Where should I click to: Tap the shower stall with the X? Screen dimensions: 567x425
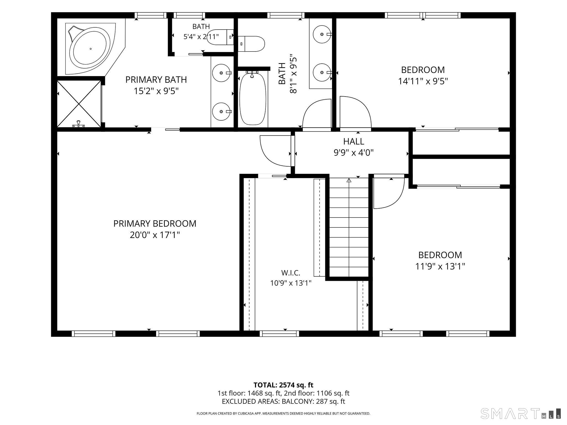(79, 104)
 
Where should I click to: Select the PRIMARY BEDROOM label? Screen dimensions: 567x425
(155, 224)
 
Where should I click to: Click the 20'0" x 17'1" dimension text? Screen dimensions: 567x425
(155, 235)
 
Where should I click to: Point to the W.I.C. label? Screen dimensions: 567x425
(291, 273)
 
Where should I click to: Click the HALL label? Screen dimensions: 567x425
(354, 141)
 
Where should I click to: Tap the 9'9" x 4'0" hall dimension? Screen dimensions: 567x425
(354, 152)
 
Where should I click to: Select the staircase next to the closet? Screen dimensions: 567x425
(349, 227)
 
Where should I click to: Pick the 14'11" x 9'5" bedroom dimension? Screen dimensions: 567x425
(423, 81)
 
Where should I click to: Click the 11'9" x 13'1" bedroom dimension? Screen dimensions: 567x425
(440, 266)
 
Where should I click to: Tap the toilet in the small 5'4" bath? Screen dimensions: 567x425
(220, 37)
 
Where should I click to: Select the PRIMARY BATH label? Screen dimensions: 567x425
(156, 80)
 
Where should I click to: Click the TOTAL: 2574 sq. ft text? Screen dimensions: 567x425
(283, 385)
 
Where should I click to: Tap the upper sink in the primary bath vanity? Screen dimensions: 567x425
(221, 73)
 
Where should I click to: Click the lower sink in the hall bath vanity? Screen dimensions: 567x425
(322, 72)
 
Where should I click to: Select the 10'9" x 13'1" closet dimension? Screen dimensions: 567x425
(291, 283)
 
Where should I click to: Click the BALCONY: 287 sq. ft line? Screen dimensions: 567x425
(283, 401)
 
